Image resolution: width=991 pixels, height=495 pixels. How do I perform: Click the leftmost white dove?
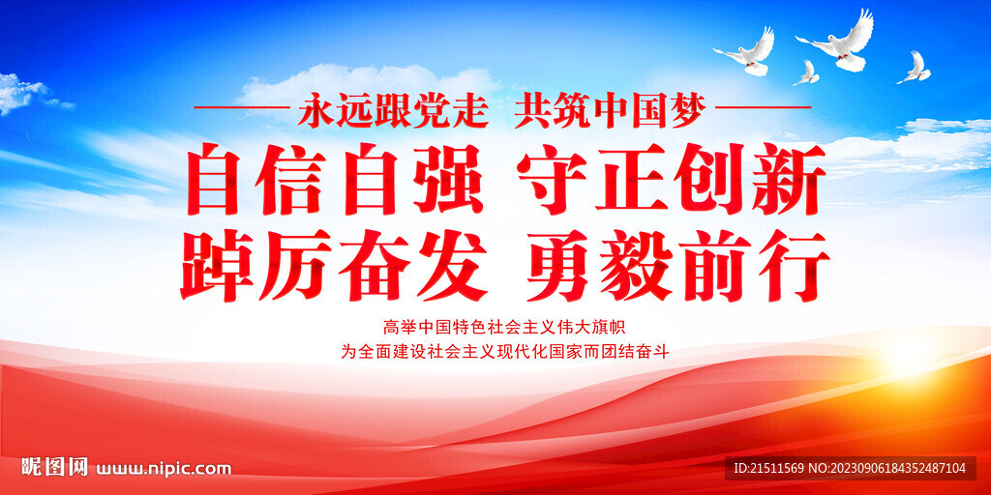pyautogui.click(x=748, y=52)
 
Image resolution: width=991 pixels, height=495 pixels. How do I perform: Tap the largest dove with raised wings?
pyautogui.click(x=838, y=44)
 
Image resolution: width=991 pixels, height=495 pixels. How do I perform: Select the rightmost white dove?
pyautogui.click(x=915, y=68)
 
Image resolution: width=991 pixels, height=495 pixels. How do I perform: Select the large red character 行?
pyautogui.click(x=794, y=264)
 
